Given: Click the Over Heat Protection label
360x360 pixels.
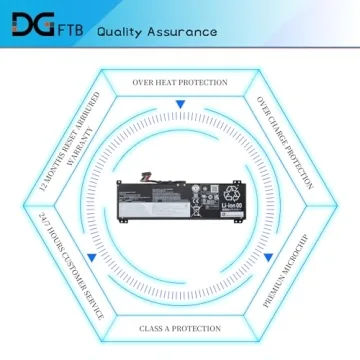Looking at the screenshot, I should (180, 82).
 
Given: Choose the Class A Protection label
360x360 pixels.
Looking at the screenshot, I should (180, 328).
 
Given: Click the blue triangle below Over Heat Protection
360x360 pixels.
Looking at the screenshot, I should (180, 105).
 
